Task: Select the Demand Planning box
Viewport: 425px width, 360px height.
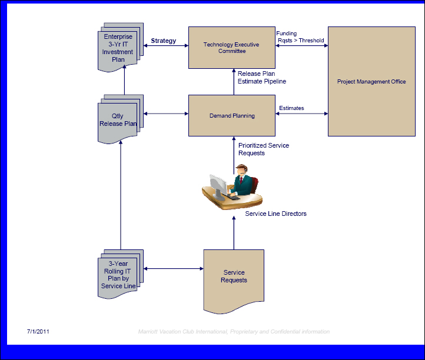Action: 232,115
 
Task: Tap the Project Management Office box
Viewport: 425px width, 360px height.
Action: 371,81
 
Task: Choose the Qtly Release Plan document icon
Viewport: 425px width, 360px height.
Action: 120,119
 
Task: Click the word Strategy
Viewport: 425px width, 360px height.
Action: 164,41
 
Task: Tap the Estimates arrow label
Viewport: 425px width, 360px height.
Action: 291,108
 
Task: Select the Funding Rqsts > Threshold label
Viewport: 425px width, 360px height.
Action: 300,37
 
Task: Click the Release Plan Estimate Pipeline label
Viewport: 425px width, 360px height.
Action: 262,77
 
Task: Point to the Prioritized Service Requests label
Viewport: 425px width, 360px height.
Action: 264,149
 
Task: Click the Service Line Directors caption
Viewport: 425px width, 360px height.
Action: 275,214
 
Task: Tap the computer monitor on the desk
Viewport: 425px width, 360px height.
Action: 218,186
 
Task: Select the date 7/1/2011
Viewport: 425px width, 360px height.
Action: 38,332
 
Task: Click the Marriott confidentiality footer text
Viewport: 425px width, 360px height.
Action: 234,332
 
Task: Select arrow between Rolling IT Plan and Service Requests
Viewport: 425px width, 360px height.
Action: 173,269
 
